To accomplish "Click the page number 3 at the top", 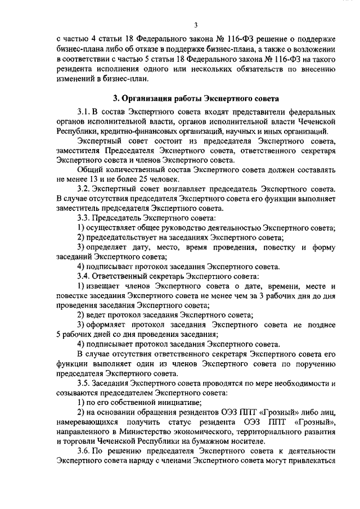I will coord(195,25).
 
